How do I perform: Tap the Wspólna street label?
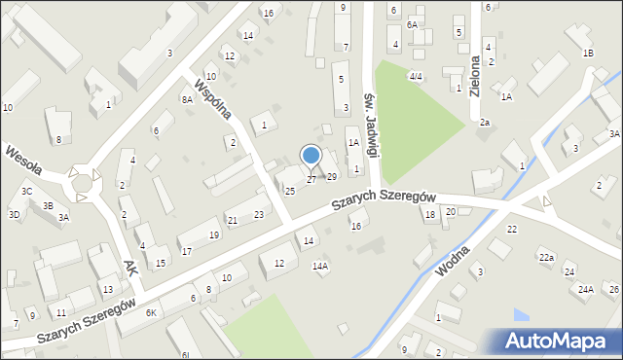212,97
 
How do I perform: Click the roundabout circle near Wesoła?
82,182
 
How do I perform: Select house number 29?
332,176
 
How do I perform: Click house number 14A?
319,266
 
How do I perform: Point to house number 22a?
547,257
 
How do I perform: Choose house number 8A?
187,99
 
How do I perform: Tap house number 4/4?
416,76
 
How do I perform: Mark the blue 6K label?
151,312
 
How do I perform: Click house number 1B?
587,53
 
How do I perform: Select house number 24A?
586,289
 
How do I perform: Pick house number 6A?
412,24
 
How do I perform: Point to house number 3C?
27,192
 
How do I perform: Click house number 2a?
484,122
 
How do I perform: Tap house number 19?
213,235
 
